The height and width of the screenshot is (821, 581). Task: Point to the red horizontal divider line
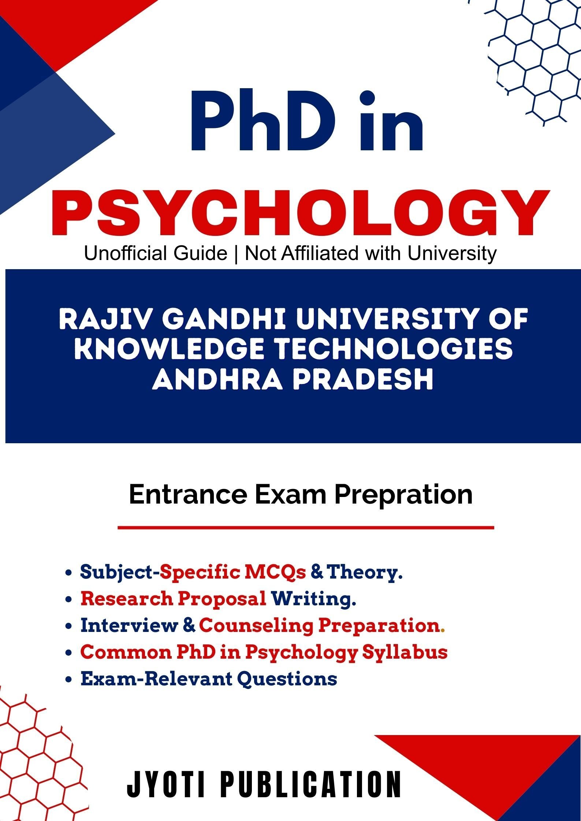(x=306, y=527)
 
